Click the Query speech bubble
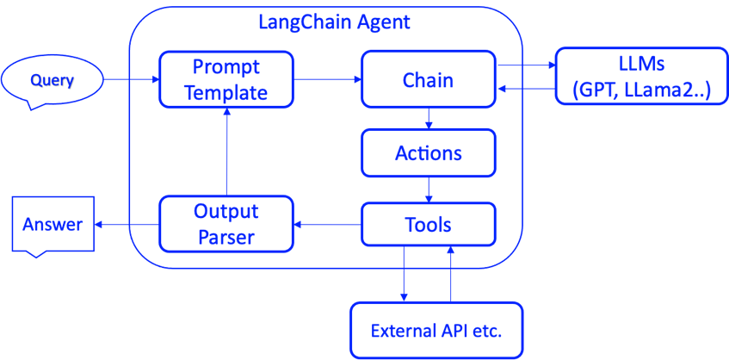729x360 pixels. pyautogui.click(x=52, y=81)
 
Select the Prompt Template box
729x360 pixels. pyautogui.click(x=226, y=79)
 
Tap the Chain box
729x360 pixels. pyautogui.click(x=428, y=79)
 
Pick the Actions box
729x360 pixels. pyautogui.click(x=428, y=153)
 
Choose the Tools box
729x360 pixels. pyautogui.click(x=428, y=225)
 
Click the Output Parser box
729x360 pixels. pyautogui.click(x=226, y=225)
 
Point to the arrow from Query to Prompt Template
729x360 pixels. pyautogui.click(x=132, y=80)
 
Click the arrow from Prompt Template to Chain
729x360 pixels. pyautogui.click(x=327, y=80)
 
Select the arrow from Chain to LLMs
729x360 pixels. pyautogui.click(x=526, y=65)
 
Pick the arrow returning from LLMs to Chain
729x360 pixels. pyautogui.click(x=526, y=89)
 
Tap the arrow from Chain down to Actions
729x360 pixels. pyautogui.click(x=429, y=118)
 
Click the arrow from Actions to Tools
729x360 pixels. pyautogui.click(x=429, y=189)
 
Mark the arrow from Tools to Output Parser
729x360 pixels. pyautogui.click(x=327, y=226)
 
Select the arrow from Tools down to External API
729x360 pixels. pyautogui.click(x=404, y=273)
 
